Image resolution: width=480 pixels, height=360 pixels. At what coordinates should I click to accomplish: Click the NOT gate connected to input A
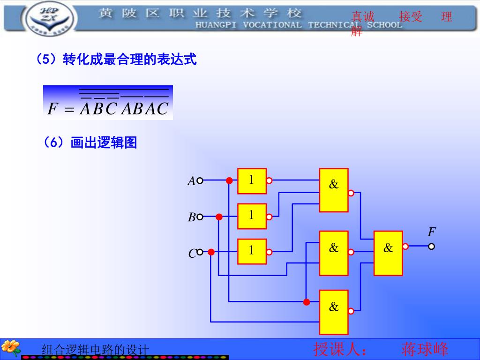(x=252, y=181)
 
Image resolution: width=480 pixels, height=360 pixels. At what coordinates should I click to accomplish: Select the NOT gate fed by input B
(x=252, y=216)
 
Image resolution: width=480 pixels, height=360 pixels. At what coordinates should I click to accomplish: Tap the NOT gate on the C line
(x=252, y=251)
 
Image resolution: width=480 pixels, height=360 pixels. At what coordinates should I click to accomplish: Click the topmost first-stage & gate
(x=334, y=190)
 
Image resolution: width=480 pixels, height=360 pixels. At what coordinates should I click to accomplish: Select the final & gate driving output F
(x=388, y=253)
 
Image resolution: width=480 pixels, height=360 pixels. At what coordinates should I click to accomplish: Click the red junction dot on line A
(x=229, y=180)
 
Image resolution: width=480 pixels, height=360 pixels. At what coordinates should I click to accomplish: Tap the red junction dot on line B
(x=219, y=217)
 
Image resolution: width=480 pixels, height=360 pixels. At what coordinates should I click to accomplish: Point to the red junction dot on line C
(x=211, y=252)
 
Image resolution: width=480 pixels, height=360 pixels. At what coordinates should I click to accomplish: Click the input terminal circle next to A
(x=200, y=180)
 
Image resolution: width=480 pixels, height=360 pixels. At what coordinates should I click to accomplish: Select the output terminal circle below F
(x=431, y=246)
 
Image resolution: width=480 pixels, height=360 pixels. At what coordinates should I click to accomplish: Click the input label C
(x=192, y=254)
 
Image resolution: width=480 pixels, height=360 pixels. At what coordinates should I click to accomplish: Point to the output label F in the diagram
(x=432, y=232)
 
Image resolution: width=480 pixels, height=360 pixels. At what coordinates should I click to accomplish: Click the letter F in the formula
(x=52, y=109)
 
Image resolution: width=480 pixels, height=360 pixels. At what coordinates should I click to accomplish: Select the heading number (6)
(x=53, y=142)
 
